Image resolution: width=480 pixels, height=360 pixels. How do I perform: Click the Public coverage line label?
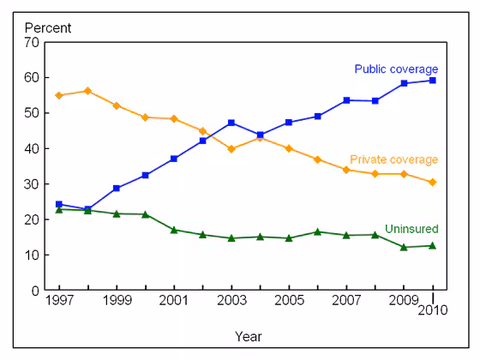pos(396,69)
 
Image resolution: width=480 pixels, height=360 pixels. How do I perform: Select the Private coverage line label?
pos(394,159)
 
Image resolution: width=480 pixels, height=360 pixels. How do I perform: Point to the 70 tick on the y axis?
pos(33,42)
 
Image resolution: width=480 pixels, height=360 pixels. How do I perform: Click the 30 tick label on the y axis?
pos(33,184)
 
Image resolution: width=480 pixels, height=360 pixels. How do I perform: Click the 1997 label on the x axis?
pos(58,303)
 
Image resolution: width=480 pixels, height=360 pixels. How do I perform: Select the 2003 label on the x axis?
pos(231,303)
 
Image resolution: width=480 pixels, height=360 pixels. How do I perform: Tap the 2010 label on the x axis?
pos(433,312)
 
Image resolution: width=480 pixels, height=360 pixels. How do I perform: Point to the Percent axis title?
pos(47,27)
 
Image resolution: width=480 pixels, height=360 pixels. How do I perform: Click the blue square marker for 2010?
pos(433,81)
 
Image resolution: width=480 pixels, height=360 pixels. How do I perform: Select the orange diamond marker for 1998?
pos(87,91)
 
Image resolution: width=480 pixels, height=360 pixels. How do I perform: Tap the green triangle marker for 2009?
pos(404,247)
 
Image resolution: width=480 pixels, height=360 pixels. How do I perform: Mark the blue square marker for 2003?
pos(231,123)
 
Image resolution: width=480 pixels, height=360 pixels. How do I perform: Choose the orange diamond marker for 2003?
pos(231,149)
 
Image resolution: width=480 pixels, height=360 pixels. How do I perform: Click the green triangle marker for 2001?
pos(174,230)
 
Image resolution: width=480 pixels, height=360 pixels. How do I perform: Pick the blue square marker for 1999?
pos(116,188)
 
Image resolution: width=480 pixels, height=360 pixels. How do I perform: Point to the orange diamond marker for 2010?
pos(433,182)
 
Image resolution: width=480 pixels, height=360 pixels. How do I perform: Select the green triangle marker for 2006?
pos(317,231)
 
